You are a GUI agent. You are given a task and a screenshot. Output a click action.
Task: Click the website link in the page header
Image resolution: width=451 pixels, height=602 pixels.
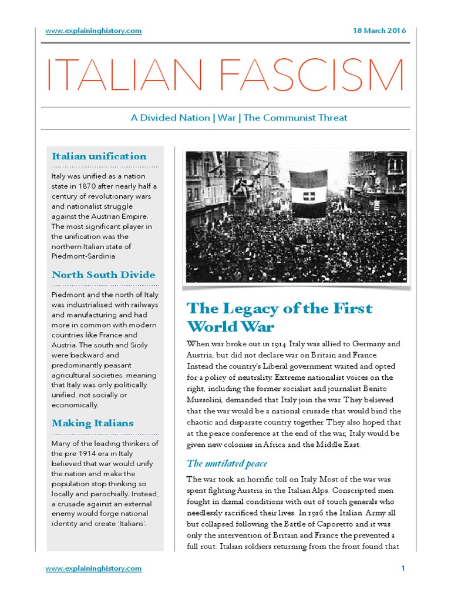coord(93,31)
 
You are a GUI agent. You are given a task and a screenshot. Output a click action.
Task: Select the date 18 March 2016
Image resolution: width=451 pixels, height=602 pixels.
coord(378,31)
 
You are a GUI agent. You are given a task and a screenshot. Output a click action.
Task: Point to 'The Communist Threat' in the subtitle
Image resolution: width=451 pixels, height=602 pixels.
coord(295,118)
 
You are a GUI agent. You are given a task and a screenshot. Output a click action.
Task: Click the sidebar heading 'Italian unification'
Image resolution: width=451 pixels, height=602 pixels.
coord(99,156)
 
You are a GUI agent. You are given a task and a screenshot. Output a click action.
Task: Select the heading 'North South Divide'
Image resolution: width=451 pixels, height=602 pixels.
coord(103,275)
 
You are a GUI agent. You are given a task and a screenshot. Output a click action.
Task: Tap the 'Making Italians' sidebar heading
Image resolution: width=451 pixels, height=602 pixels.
coord(93,423)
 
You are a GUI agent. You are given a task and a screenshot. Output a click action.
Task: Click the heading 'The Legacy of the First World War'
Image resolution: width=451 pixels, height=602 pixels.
coord(279,317)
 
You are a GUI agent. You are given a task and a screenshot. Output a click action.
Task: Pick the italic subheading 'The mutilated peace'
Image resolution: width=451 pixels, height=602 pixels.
coord(227,464)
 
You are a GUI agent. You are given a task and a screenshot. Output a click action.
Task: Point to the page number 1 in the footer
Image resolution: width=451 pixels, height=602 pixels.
coord(403,568)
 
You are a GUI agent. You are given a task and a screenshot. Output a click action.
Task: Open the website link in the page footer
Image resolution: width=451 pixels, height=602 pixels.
coord(93,568)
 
